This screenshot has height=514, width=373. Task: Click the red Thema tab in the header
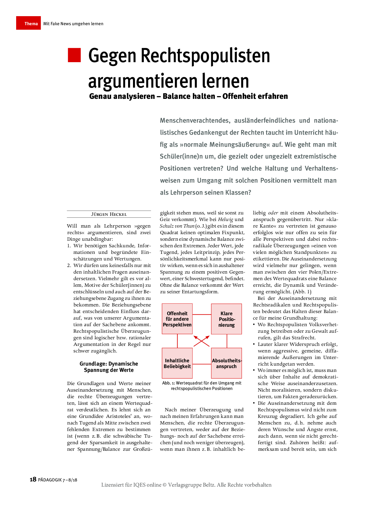(28, 23)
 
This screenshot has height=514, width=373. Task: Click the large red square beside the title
(74, 55)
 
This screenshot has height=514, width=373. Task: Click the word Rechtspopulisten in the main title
(205, 56)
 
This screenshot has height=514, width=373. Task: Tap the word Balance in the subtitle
(189, 96)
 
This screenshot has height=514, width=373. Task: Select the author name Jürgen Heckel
(109, 214)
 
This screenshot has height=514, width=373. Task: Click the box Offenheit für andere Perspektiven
(177, 319)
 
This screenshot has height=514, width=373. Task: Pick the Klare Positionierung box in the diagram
(226, 319)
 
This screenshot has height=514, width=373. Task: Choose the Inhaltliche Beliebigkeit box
(177, 363)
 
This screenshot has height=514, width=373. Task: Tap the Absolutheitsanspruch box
(226, 363)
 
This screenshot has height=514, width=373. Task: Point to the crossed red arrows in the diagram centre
(201, 341)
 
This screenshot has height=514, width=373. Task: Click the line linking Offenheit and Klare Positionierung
(202, 314)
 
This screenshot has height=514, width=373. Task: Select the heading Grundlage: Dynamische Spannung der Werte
(109, 367)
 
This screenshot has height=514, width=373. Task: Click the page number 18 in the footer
(33, 479)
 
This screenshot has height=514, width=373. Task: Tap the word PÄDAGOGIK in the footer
(50, 480)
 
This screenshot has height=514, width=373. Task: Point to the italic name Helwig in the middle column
(225, 219)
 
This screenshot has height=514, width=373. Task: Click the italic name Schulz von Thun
(177, 226)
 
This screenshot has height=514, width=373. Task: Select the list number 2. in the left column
(69, 265)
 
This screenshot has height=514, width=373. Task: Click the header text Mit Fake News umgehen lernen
(73, 24)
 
